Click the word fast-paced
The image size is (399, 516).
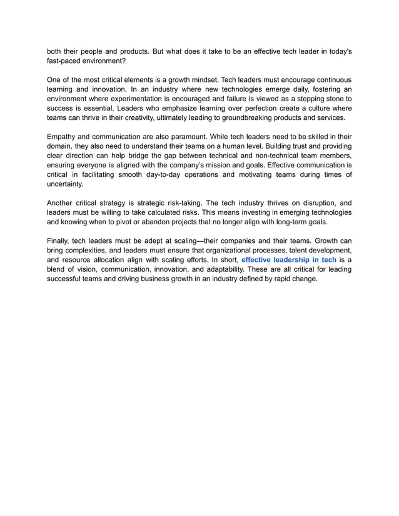pos(66,62)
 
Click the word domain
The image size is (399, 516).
pos(61,146)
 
